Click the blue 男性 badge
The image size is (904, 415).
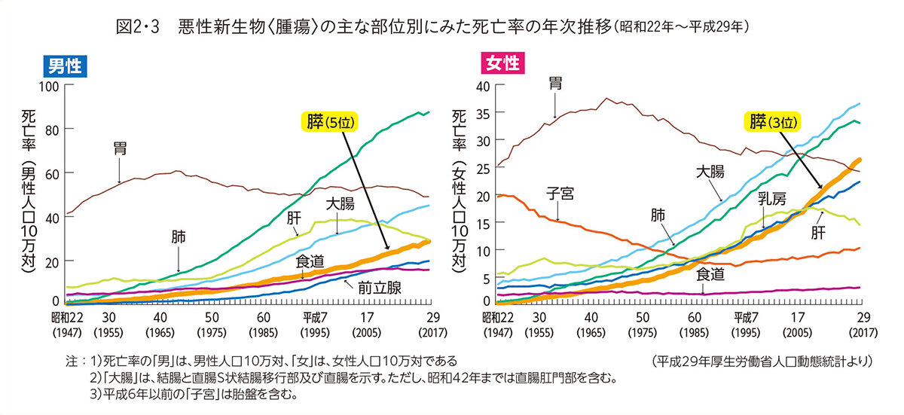click(x=65, y=66)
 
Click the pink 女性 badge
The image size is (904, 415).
click(x=502, y=63)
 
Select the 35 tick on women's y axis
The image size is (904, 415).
click(x=483, y=113)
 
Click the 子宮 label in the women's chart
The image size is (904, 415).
click(x=560, y=194)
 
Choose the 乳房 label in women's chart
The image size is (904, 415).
click(x=772, y=200)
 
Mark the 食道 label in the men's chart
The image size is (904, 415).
click(x=310, y=261)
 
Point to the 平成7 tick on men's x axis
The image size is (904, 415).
click(x=315, y=316)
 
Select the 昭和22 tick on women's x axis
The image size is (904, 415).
click(x=498, y=316)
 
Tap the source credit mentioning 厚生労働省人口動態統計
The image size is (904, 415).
click(x=762, y=362)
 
